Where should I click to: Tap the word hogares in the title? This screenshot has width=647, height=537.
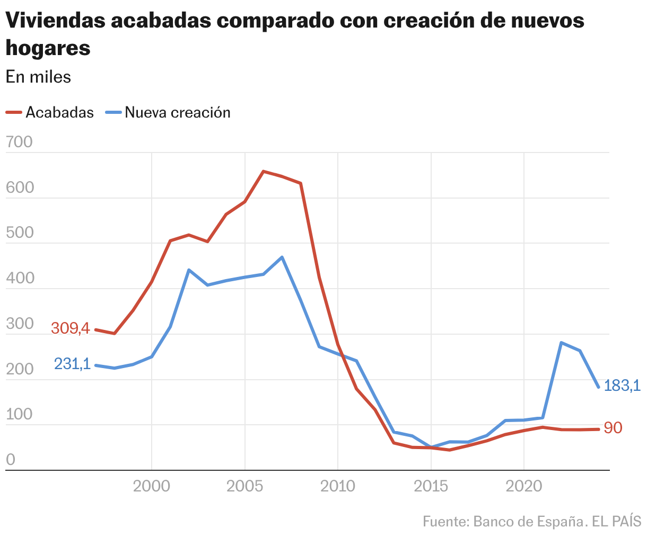[48, 48]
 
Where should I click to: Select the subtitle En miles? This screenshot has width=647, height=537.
[38, 77]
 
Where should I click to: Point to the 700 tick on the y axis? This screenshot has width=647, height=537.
[19, 142]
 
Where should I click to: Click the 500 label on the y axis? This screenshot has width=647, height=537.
[19, 233]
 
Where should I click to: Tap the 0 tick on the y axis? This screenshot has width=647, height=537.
[11, 460]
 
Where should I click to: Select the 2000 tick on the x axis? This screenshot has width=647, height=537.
[152, 486]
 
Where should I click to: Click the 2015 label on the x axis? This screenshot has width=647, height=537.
[431, 486]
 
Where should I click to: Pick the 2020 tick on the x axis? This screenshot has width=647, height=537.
[524, 486]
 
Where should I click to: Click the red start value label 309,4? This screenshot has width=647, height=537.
[70, 328]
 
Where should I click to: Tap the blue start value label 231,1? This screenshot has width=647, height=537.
[72, 364]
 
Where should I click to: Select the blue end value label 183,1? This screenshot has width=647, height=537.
[623, 386]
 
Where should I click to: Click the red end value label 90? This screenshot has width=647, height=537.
[613, 428]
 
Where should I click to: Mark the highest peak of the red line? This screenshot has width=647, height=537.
[264, 171]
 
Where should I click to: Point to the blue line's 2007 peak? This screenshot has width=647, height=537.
[282, 257]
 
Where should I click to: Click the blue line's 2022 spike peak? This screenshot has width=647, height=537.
[561, 343]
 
